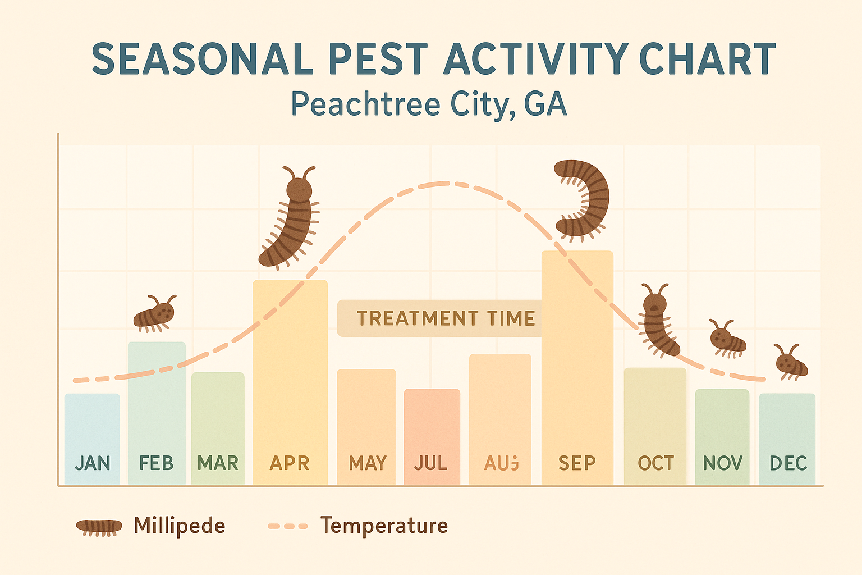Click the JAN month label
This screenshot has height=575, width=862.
click(93, 463)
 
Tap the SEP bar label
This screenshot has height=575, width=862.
click(577, 463)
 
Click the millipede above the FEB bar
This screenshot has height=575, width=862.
click(154, 313)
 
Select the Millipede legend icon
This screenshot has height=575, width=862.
click(99, 527)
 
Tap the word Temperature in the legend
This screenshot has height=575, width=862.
click(384, 526)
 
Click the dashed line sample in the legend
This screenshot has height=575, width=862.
click(288, 526)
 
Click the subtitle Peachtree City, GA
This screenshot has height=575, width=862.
click(429, 104)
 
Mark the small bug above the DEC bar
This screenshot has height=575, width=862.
click(791, 363)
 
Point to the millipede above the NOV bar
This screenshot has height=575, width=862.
click(727, 339)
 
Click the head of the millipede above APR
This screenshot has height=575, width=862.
click(299, 189)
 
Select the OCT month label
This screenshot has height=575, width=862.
click(655, 463)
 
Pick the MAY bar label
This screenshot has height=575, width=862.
click(367, 463)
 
